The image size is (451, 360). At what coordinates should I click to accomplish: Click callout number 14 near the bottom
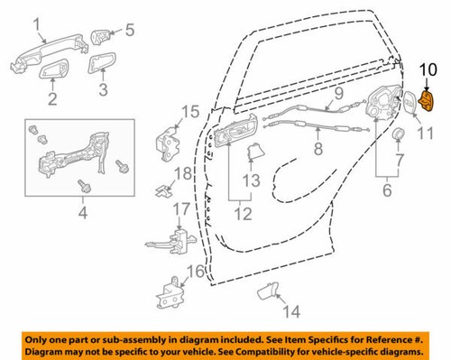coord(288,312)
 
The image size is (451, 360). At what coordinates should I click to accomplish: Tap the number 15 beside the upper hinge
coord(189,112)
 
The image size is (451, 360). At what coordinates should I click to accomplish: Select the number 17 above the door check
coord(183,208)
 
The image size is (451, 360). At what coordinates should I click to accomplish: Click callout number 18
coord(183,173)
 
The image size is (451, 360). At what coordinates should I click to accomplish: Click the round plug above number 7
coord(397,134)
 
